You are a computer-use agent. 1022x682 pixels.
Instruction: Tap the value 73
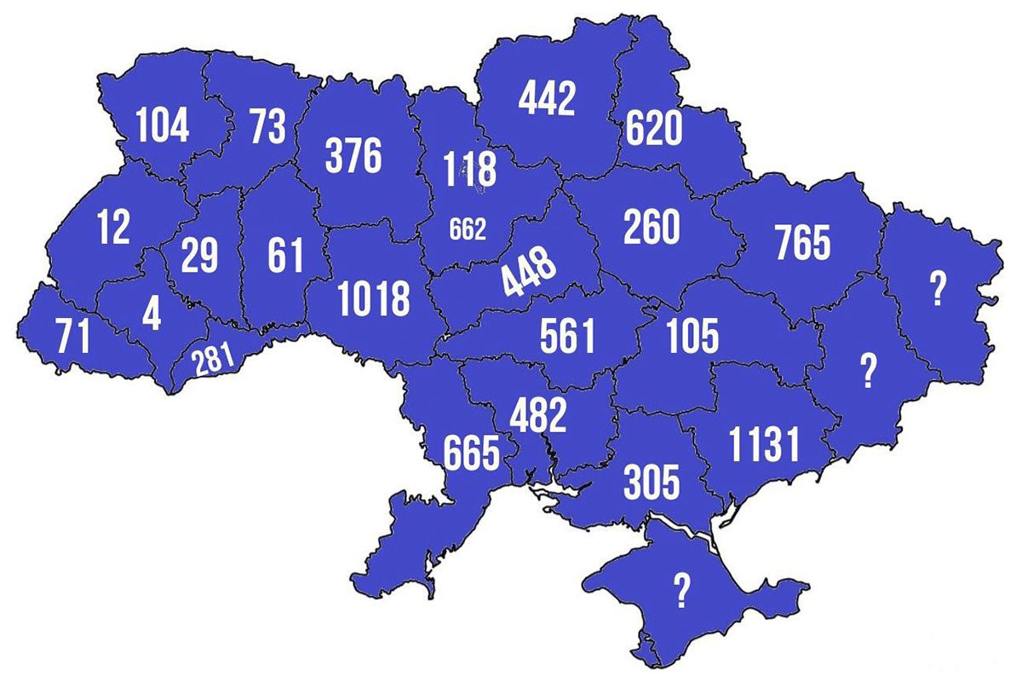click(267, 127)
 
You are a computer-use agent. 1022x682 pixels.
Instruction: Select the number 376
click(353, 157)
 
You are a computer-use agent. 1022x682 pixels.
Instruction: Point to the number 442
click(548, 99)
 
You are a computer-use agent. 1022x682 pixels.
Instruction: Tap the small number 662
click(468, 229)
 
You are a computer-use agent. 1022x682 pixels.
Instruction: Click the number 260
click(652, 227)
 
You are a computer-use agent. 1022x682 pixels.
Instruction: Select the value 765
click(802, 243)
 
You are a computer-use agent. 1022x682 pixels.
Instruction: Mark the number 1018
click(374, 299)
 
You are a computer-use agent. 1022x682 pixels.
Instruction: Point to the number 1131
click(765, 445)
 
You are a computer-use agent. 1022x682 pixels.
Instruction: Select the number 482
click(537, 416)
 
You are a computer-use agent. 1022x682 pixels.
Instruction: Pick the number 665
click(471, 453)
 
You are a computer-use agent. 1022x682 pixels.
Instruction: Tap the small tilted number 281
click(212, 359)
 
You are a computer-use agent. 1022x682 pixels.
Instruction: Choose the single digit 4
click(152, 315)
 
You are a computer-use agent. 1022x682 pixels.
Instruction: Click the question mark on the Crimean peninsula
click(681, 591)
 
